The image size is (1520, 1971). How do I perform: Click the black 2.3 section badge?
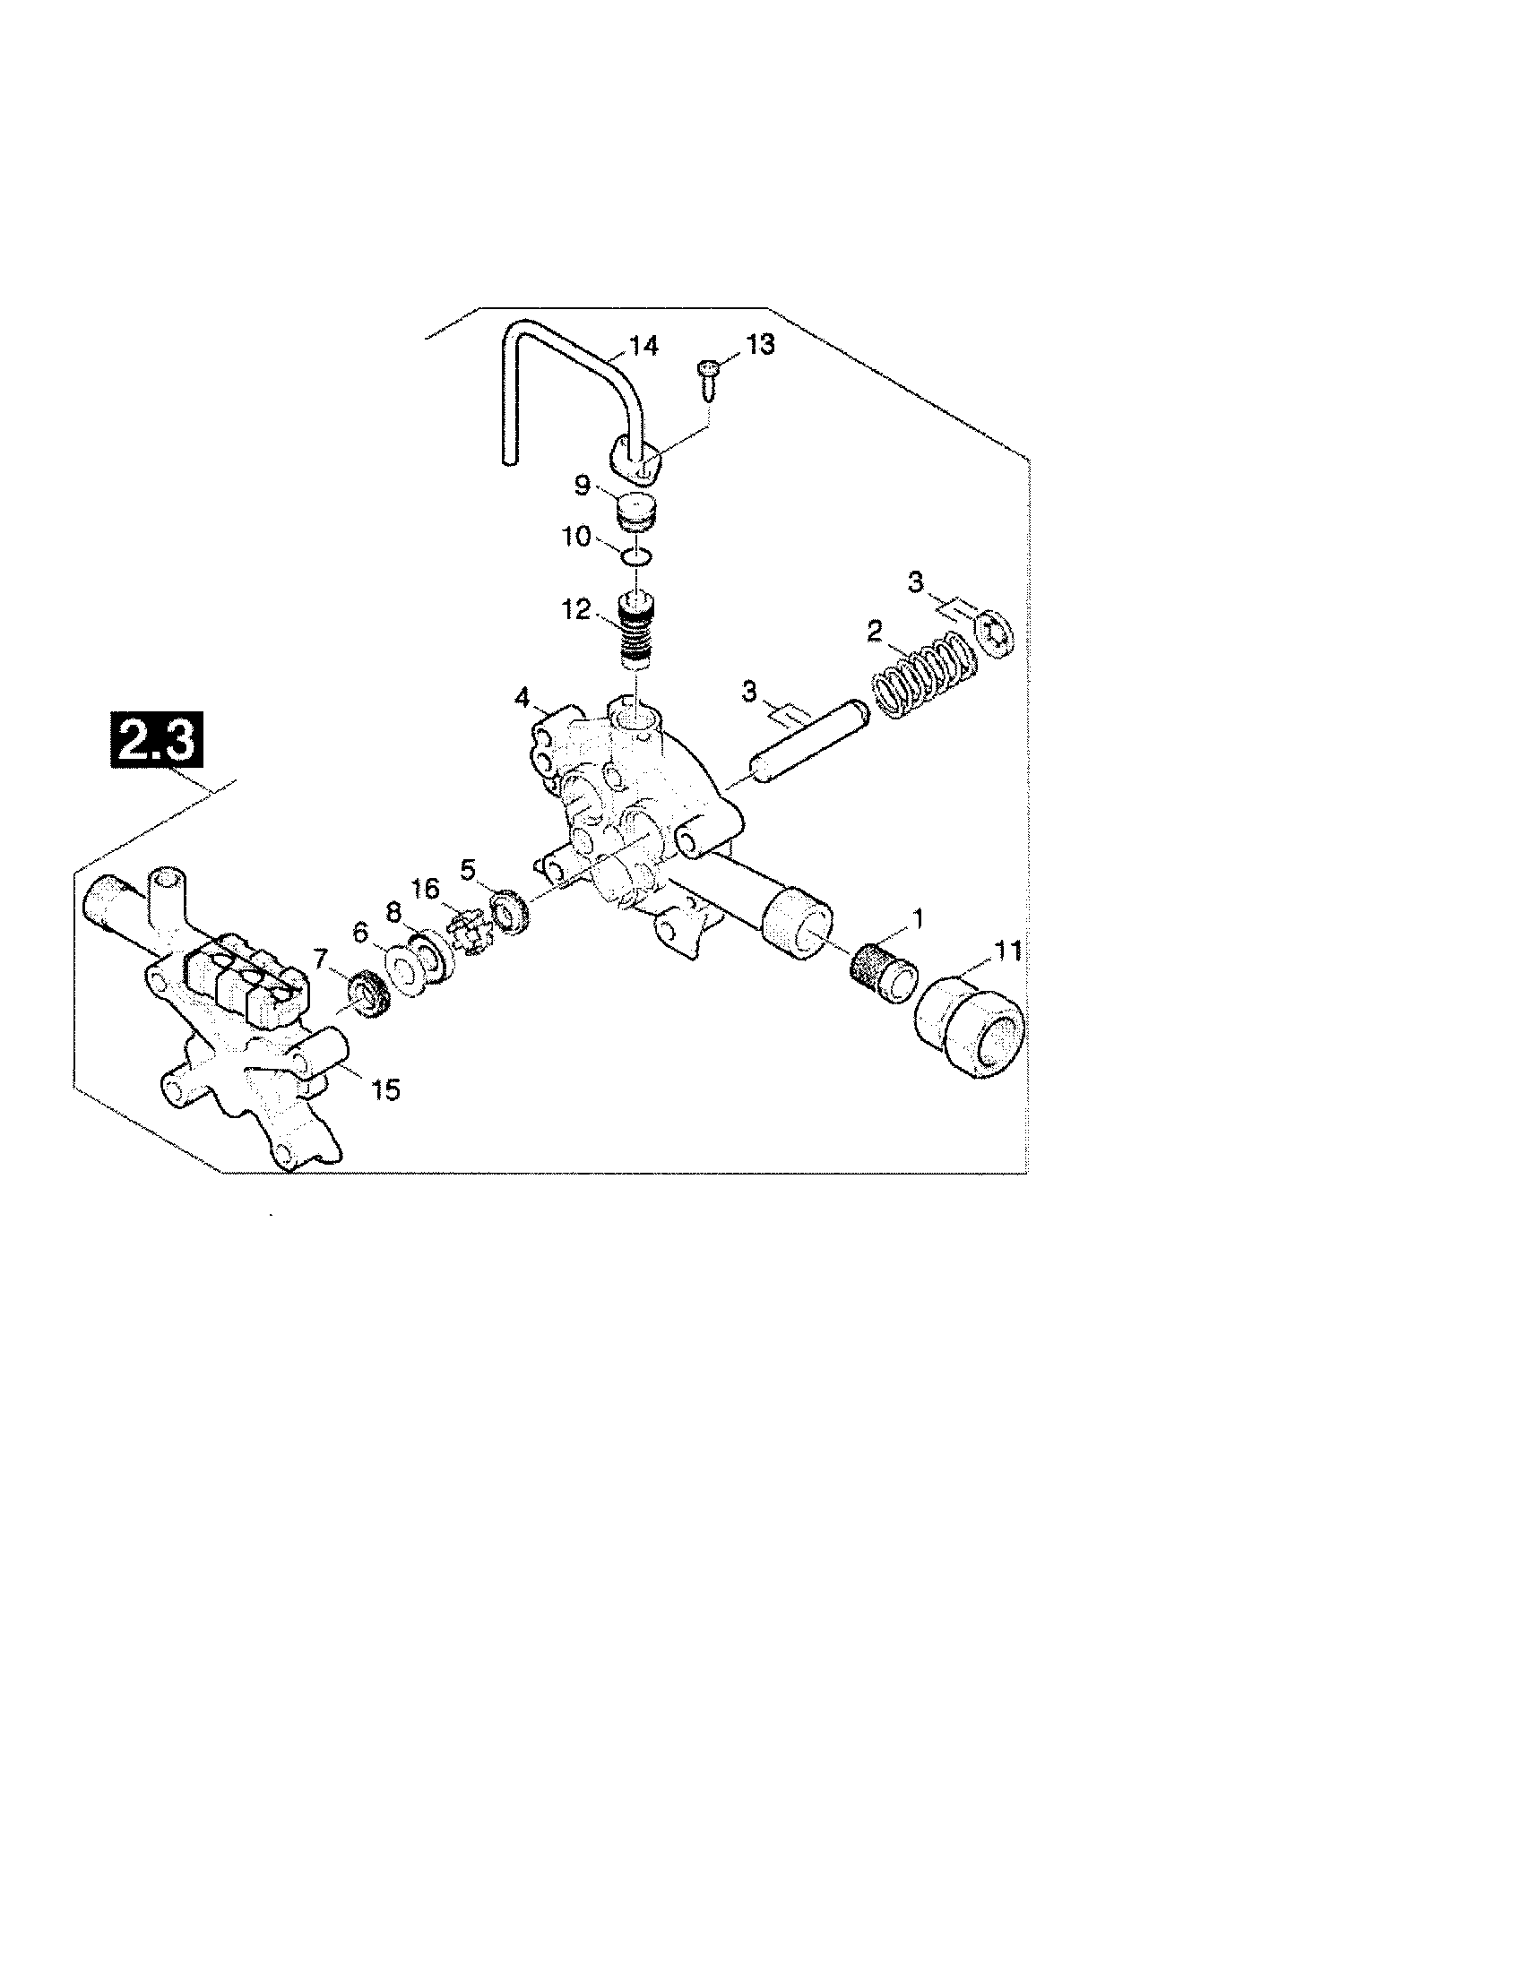coord(155,740)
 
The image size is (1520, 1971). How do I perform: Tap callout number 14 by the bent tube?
coord(643,346)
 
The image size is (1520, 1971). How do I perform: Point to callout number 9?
coord(583,486)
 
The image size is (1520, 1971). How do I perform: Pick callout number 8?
coord(393,913)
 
